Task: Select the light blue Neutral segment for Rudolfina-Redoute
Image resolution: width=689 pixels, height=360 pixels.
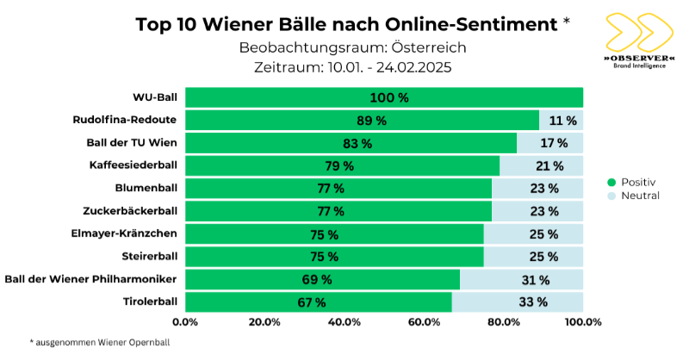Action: tap(561, 121)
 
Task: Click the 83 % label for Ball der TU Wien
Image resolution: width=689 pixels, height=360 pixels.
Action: tap(357, 143)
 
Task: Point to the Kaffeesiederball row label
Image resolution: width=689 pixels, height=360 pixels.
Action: tap(133, 165)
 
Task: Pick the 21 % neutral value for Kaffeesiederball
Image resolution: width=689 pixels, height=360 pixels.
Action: tap(548, 165)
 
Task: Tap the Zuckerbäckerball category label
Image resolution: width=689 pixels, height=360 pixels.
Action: tap(130, 211)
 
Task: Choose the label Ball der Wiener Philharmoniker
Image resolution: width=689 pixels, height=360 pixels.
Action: tap(91, 278)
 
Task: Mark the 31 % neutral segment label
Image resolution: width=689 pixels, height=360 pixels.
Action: tap(535, 279)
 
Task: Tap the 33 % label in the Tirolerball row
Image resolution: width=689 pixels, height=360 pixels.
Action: tap(532, 301)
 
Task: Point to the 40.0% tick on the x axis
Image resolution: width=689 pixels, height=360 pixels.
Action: tap(344, 322)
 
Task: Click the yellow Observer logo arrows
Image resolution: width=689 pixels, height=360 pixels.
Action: tap(639, 33)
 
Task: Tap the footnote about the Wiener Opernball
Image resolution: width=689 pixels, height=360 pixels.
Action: tap(100, 342)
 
